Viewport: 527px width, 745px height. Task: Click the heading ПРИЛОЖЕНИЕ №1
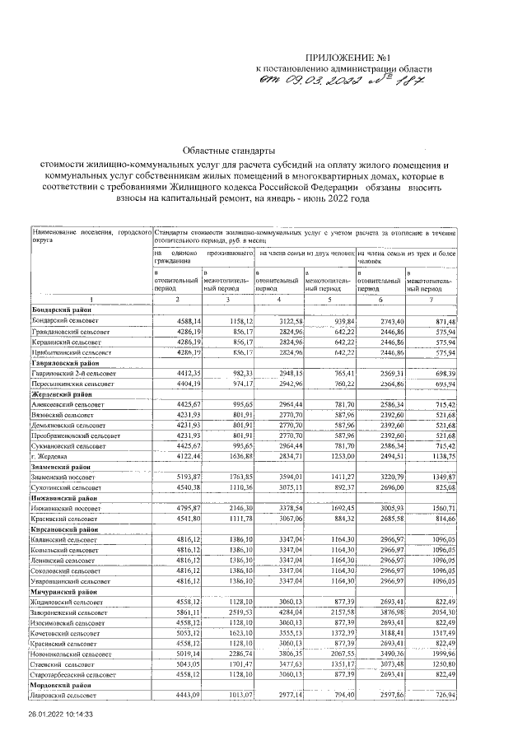pyautogui.click(x=338, y=56)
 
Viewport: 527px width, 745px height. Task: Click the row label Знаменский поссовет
pyautogui.click(x=68, y=477)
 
